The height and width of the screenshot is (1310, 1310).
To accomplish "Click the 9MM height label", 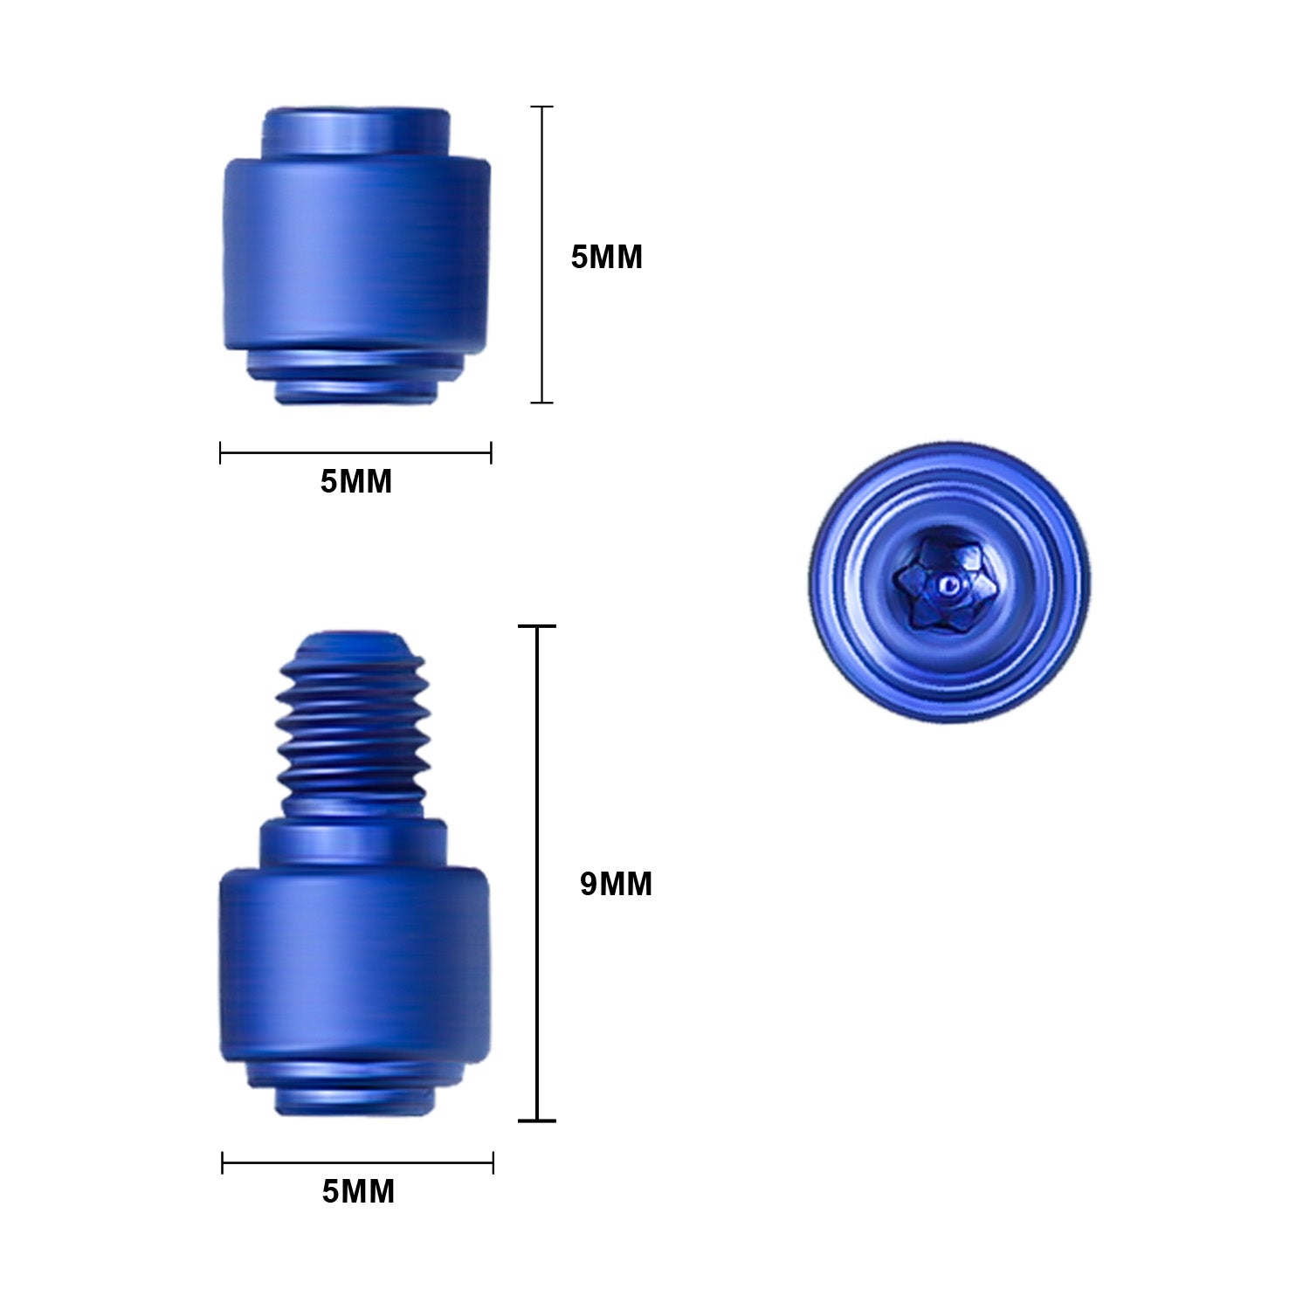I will (x=616, y=884).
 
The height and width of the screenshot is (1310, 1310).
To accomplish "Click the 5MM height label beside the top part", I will (x=606, y=257).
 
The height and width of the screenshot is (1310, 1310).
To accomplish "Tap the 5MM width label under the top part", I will (x=355, y=481).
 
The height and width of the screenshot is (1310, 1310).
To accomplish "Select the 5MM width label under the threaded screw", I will (x=358, y=1191).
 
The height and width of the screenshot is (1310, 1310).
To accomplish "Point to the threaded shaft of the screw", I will (x=354, y=725).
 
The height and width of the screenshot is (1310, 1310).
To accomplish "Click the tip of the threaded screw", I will (x=354, y=642).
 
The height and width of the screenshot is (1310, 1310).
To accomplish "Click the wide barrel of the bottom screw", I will (x=354, y=965).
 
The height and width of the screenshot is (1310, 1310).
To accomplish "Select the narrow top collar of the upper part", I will (x=356, y=132).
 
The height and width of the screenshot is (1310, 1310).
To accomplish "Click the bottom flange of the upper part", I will (x=355, y=380).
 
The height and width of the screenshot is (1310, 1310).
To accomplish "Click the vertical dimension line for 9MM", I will (x=537, y=873).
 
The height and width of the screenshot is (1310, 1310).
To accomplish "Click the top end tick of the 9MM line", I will (x=537, y=626).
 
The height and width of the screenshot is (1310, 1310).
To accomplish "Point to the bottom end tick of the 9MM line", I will (x=537, y=1120).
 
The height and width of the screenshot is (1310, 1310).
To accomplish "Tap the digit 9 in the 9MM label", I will (x=589, y=884).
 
